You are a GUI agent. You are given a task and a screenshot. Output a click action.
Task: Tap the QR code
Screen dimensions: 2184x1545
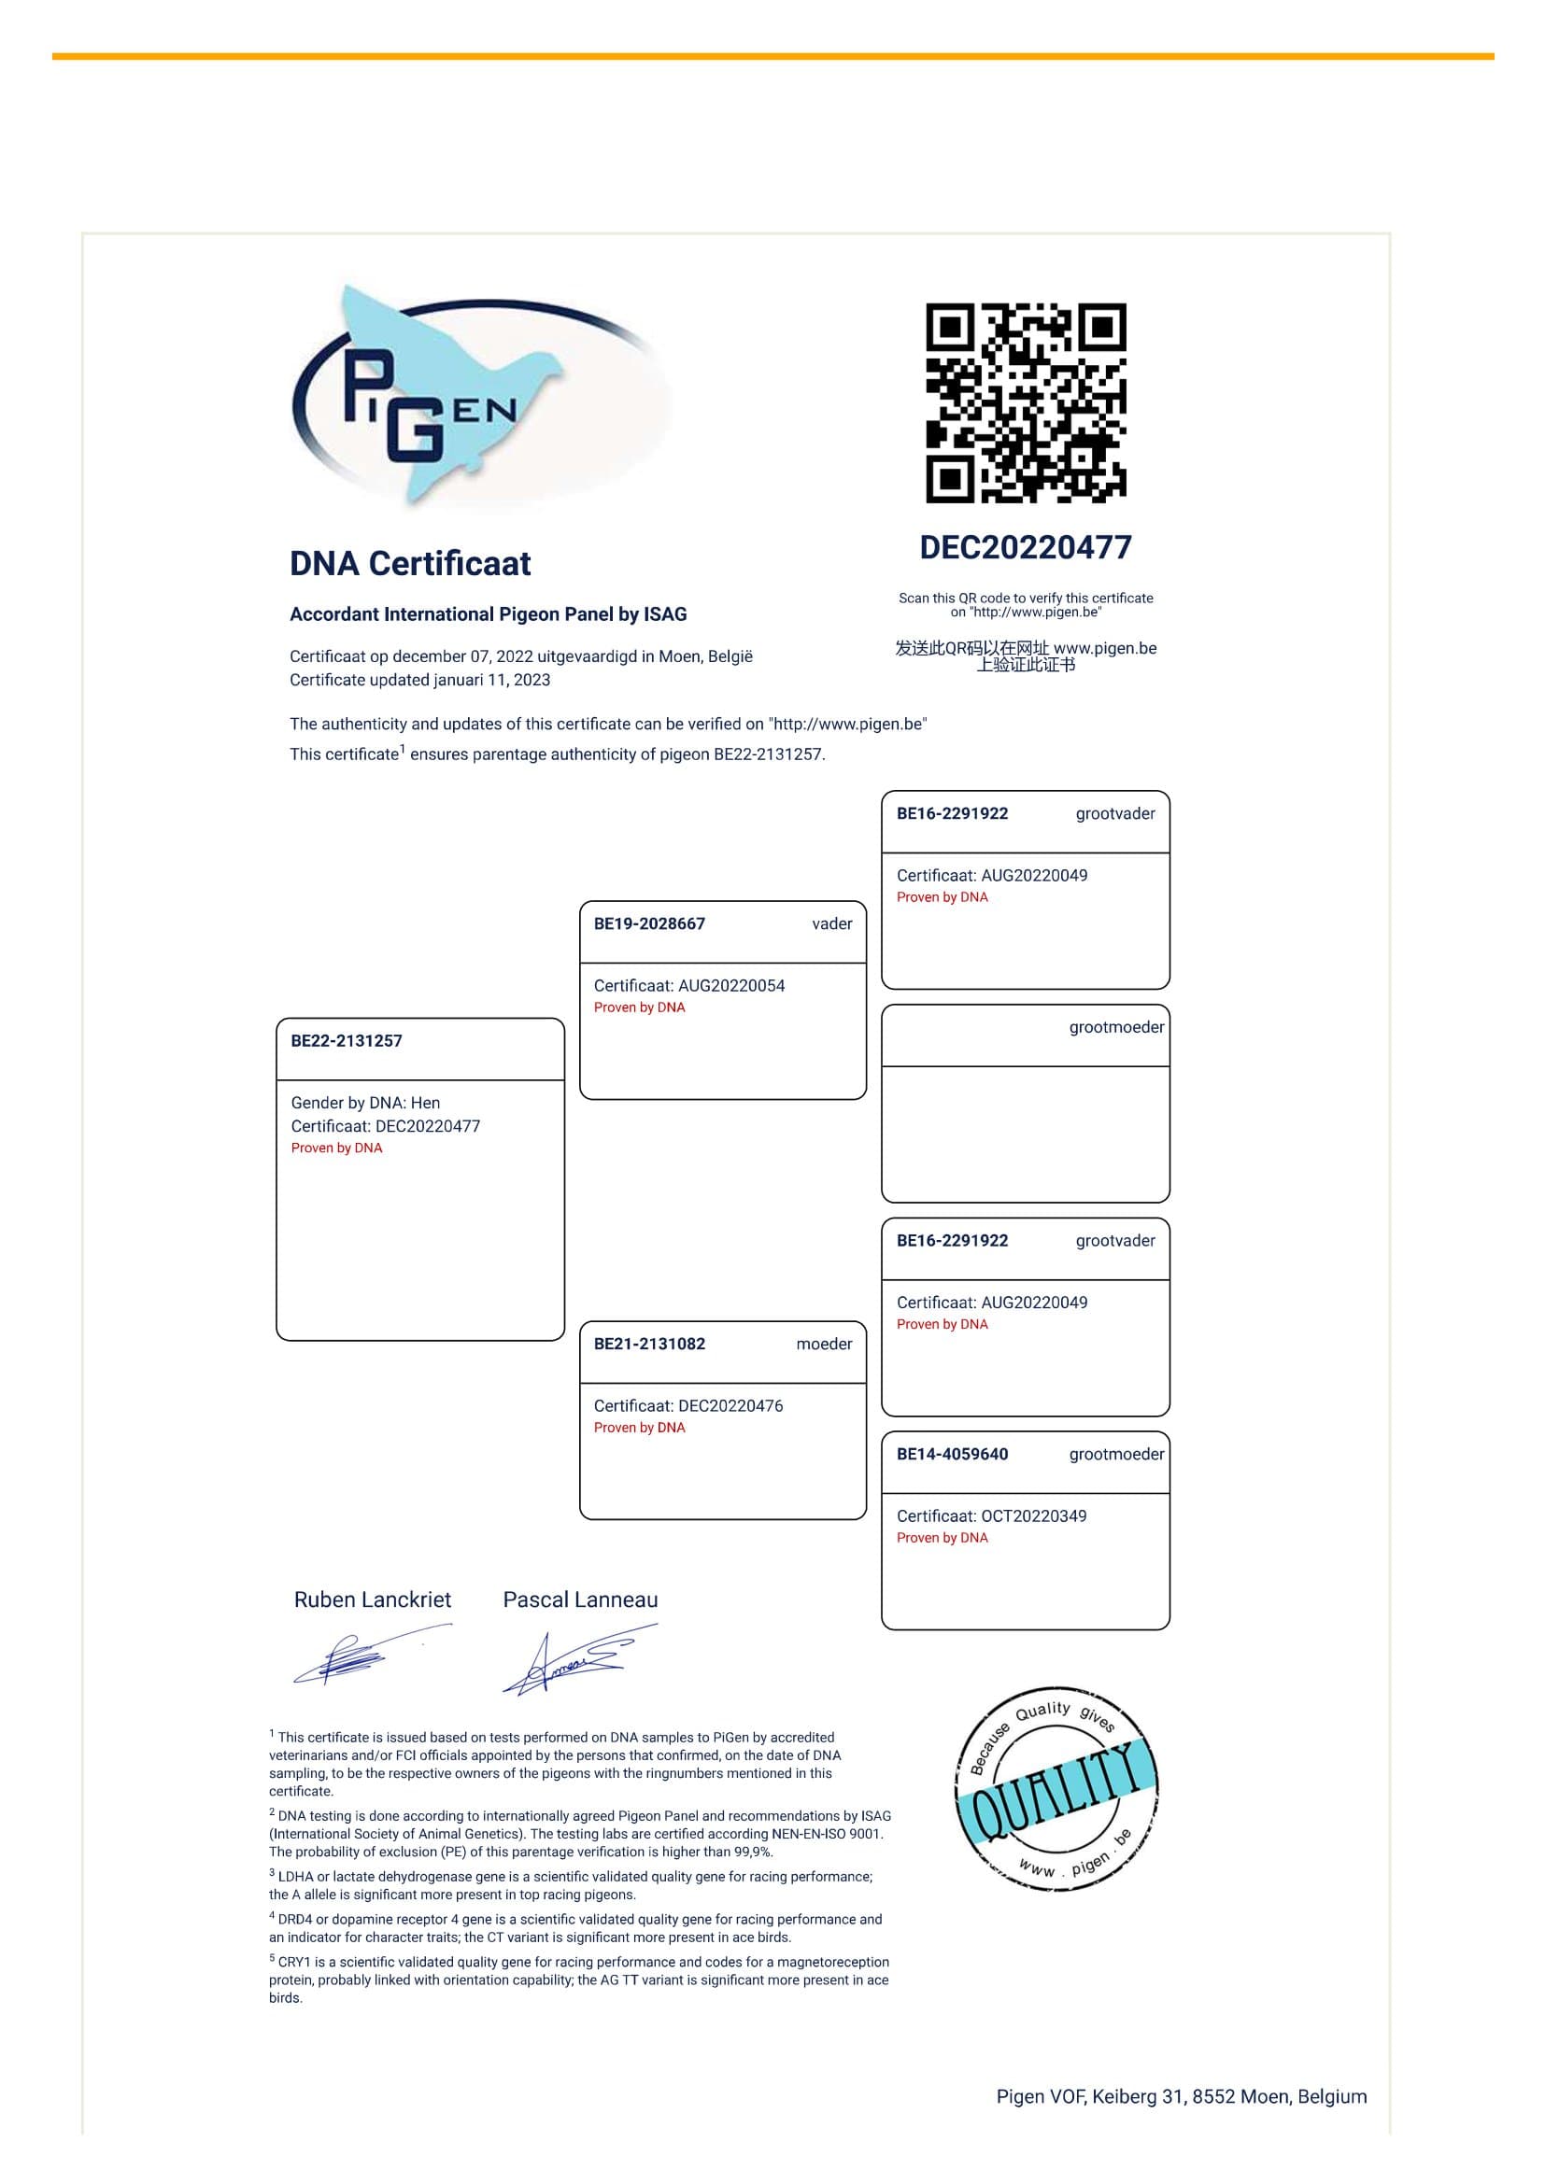click(1026, 402)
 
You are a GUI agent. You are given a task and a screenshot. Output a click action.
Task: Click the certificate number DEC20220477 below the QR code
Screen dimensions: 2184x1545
click(1026, 547)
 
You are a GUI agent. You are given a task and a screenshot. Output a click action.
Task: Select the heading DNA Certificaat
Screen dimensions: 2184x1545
click(410, 563)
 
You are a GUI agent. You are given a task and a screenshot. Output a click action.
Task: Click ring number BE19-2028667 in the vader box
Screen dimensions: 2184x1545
click(649, 923)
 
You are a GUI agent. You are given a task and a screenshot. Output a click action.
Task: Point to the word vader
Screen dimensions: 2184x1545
click(831, 923)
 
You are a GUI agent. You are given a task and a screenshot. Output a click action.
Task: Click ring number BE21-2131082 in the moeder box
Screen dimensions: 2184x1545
click(649, 1344)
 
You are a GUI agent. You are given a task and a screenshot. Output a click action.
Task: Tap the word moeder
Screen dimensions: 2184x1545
click(824, 1344)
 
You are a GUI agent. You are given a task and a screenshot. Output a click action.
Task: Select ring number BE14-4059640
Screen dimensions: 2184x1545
click(951, 1455)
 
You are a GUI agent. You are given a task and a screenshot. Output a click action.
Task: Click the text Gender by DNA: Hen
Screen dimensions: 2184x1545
click(365, 1103)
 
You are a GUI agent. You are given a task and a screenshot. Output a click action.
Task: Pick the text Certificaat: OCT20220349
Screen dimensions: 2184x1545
click(991, 1516)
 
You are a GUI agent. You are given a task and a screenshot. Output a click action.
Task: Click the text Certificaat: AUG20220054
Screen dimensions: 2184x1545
click(688, 985)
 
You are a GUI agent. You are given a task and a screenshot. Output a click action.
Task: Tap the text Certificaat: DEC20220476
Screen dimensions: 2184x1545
click(687, 1406)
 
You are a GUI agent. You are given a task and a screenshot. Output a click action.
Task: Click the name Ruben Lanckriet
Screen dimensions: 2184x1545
click(372, 1600)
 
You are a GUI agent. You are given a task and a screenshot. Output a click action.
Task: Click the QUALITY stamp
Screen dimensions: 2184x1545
click(1057, 1788)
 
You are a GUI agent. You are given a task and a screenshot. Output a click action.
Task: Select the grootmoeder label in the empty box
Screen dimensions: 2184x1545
click(1116, 1027)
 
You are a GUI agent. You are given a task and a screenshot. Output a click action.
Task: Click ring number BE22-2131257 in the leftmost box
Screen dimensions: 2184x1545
click(347, 1040)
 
